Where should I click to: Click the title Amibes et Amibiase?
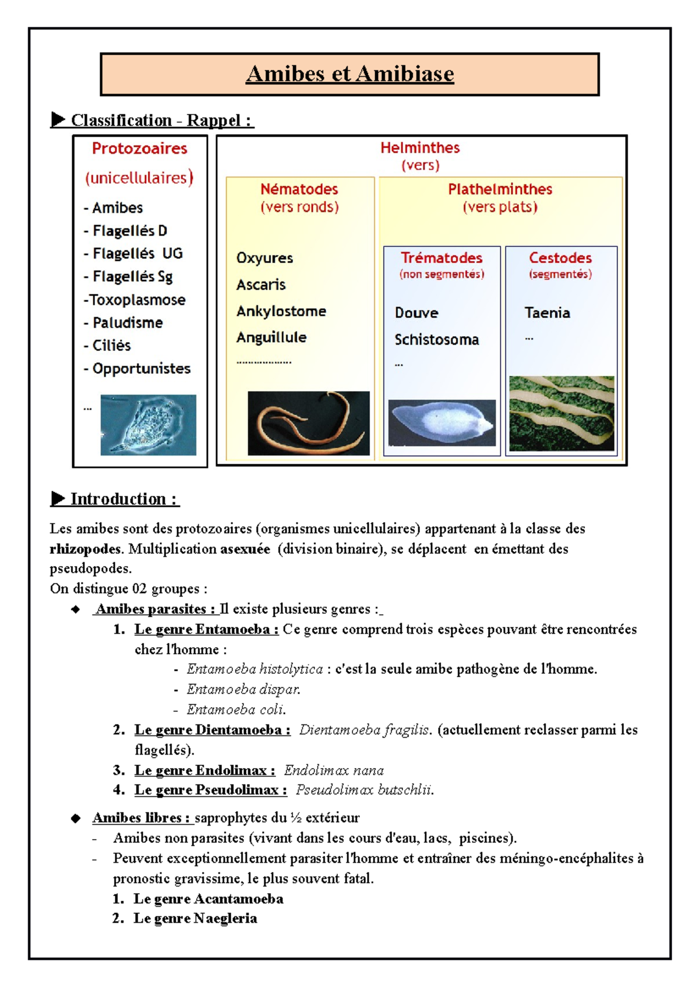tap(349, 74)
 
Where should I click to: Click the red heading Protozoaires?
tap(139, 148)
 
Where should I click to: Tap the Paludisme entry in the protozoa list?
tap(127, 322)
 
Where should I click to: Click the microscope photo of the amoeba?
tap(148, 425)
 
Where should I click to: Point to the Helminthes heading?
tap(420, 148)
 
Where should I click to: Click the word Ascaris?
tap(261, 285)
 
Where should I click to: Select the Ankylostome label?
tap(281, 311)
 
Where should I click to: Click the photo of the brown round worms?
tap(308, 423)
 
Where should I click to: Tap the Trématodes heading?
tap(442, 258)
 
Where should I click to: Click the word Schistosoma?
tap(436, 339)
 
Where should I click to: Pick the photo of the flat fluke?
tap(442, 422)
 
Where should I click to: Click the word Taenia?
tap(547, 312)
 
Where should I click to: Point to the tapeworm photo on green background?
tap(562, 413)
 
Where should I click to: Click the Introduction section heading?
tap(123, 499)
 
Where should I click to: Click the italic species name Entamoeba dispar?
tap(243, 690)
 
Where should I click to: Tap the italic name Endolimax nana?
tap(334, 770)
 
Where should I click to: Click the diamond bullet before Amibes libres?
tap(76, 819)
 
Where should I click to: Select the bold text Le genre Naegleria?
tap(195, 918)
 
